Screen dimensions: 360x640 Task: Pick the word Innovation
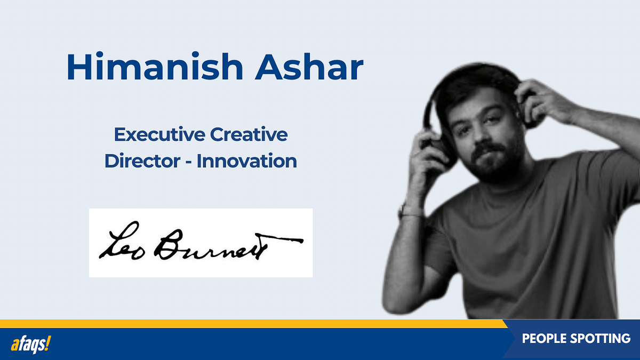(246, 161)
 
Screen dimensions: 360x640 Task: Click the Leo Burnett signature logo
(201, 243)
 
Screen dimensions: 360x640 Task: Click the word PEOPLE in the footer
(546, 339)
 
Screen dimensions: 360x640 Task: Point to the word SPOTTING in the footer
(603, 339)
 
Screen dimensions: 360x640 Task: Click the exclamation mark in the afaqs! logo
(48, 344)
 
